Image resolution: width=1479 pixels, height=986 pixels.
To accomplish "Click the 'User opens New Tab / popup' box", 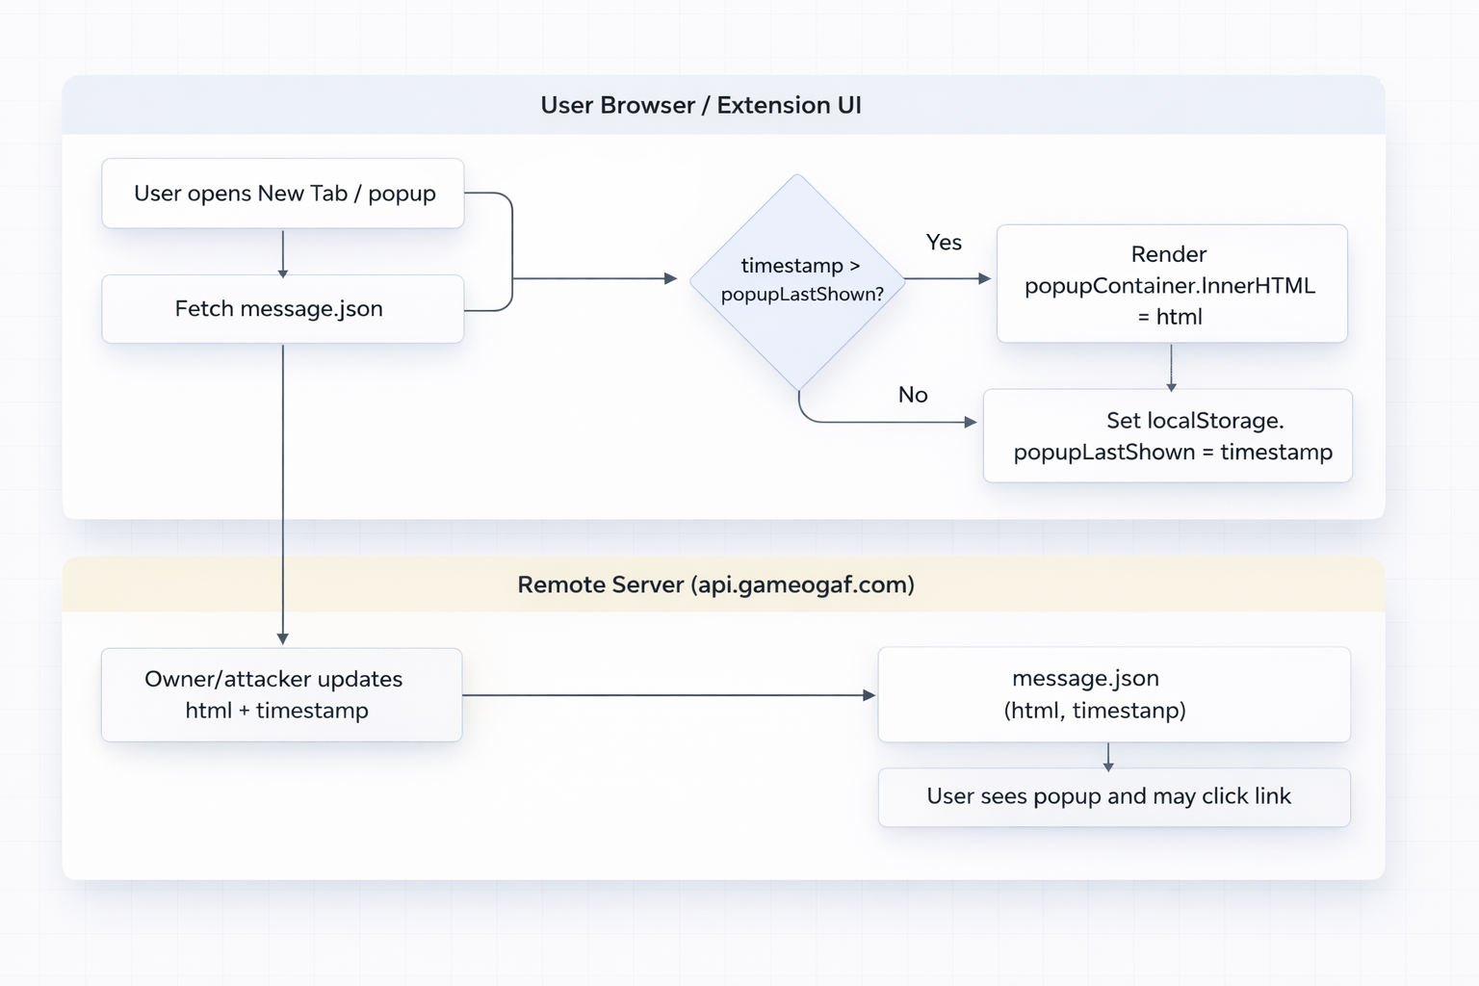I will pyautogui.click(x=283, y=194).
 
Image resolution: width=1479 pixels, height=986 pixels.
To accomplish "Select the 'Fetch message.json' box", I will pyautogui.click(x=283, y=309).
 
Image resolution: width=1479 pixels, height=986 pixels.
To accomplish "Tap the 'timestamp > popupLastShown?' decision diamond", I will pyautogui.click(x=798, y=280).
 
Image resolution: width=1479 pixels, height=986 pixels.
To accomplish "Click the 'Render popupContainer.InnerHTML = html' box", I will pyautogui.click(x=1171, y=284).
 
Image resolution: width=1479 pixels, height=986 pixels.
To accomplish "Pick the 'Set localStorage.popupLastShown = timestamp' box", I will pyautogui.click(x=1168, y=436).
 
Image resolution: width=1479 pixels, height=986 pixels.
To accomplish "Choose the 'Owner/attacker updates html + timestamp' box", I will pyautogui.click(x=281, y=694).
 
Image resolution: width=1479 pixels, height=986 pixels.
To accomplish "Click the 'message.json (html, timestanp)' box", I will pyautogui.click(x=1114, y=694).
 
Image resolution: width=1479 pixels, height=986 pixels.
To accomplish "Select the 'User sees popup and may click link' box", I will pyautogui.click(x=1114, y=797).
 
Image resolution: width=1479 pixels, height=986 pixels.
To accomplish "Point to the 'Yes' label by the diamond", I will pyautogui.click(x=944, y=243).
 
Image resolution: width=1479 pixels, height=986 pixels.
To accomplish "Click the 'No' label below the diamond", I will pyautogui.click(x=913, y=395).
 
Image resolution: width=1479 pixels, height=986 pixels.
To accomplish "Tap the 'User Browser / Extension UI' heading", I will pyautogui.click(x=701, y=105).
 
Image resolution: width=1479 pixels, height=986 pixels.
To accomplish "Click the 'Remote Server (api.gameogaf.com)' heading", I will pyautogui.click(x=715, y=584).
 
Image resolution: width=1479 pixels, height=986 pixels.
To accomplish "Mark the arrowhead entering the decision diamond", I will pyautogui.click(x=671, y=279).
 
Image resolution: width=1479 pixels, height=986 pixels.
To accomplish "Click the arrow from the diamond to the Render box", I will pyautogui.click(x=947, y=279).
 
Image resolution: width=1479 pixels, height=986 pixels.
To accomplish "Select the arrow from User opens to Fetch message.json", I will pyautogui.click(x=283, y=252).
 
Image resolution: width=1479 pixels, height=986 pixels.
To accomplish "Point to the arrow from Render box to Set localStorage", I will pyautogui.click(x=1171, y=367).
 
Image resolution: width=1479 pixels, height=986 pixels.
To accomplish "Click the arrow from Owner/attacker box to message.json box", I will pyautogui.click(x=668, y=695).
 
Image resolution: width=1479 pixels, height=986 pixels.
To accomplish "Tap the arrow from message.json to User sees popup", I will pyautogui.click(x=1108, y=757).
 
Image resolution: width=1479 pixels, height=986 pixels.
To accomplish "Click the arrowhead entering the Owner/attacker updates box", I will pyautogui.click(x=283, y=638).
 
